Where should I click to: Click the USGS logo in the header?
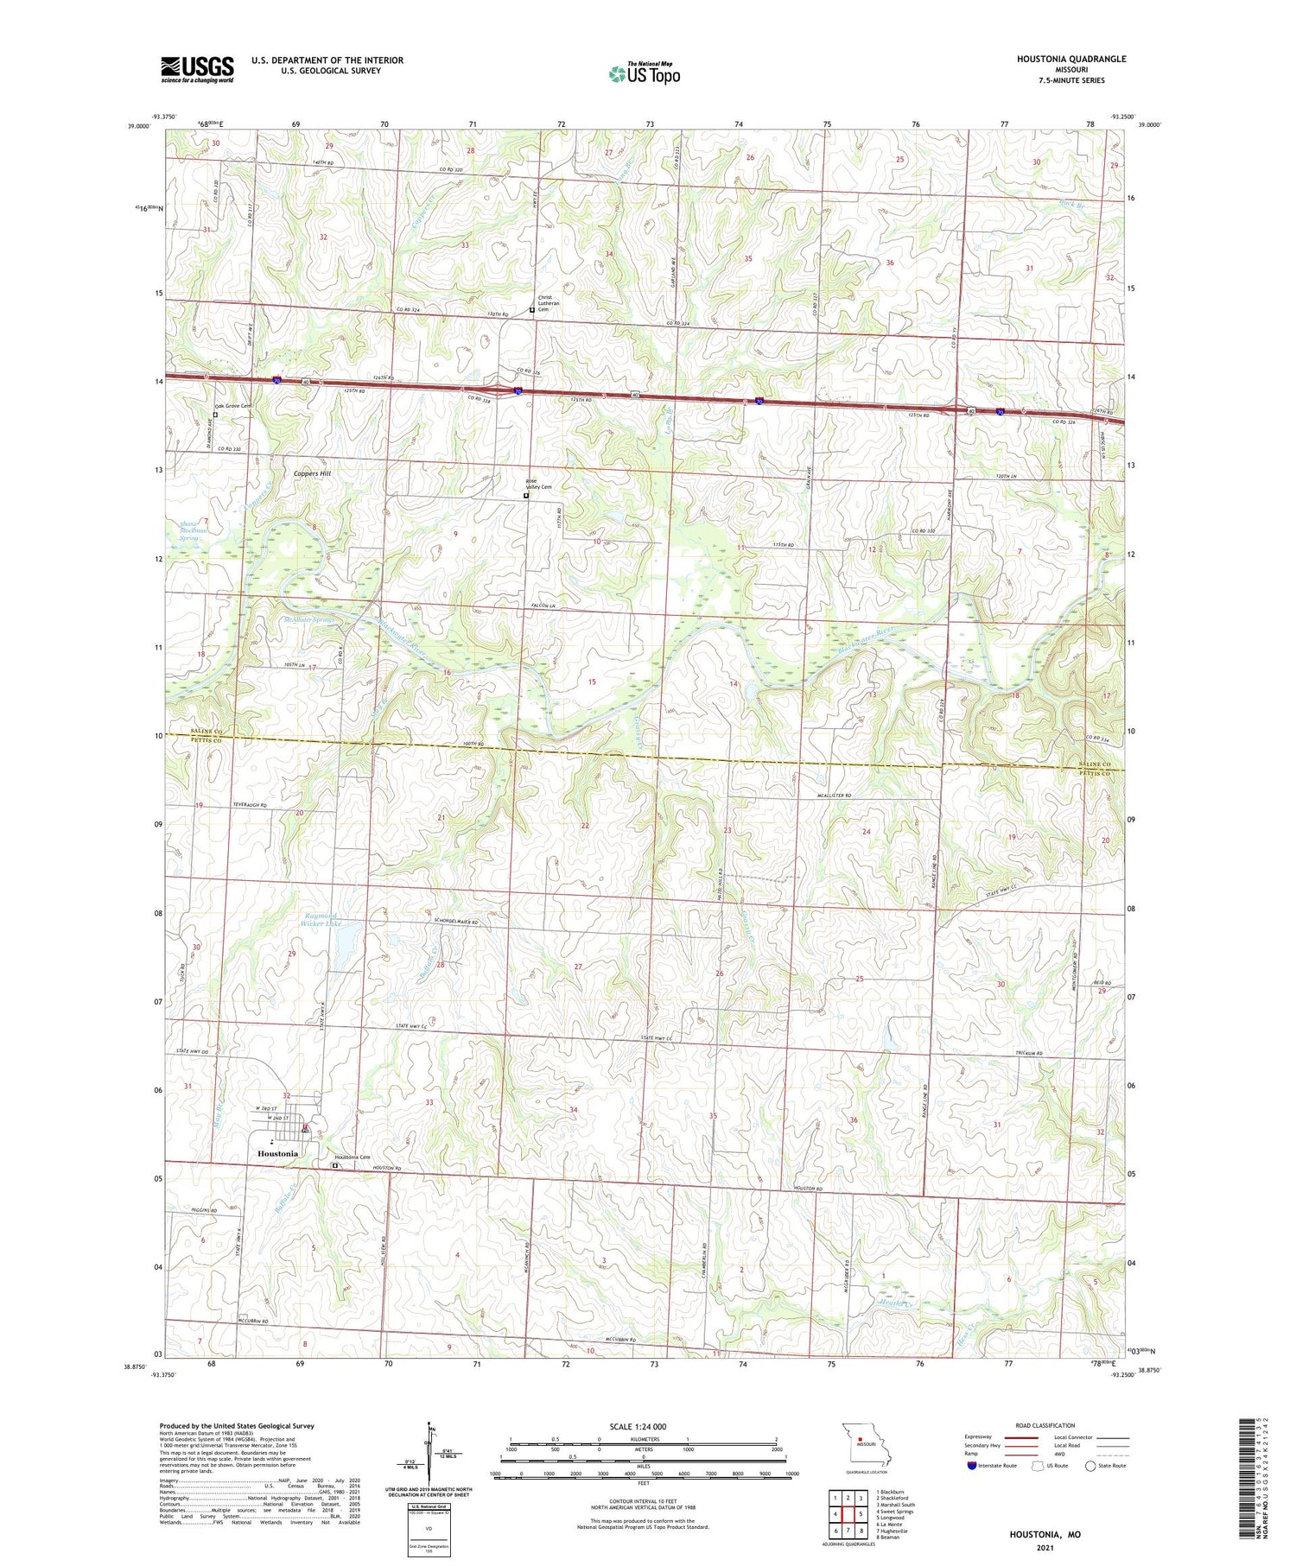[x=197, y=69]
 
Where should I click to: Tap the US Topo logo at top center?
[x=644, y=74]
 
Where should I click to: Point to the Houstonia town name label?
[x=277, y=1153]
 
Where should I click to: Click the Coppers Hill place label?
[x=311, y=474]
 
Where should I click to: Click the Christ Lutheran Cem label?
[x=550, y=303]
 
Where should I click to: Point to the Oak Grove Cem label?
[x=233, y=406]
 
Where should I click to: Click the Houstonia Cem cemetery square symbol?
[x=336, y=1166]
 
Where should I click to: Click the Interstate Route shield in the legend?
[x=973, y=1465]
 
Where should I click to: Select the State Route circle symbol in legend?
[x=1091, y=1465]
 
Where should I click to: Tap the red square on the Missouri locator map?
[x=861, y=1439]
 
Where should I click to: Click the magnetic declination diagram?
[x=428, y=1459]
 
